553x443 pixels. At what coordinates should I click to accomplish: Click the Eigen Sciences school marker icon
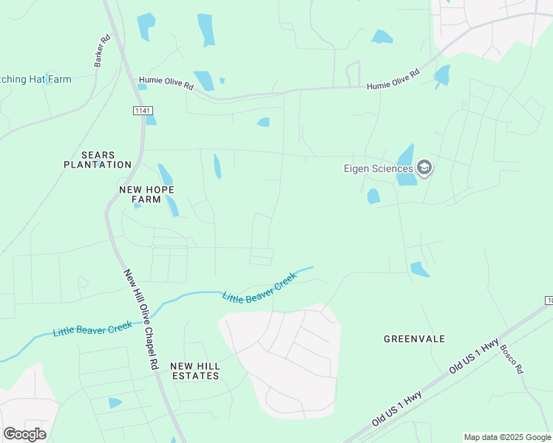coord(424,168)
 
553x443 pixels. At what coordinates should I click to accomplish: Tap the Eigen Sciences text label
coord(379,168)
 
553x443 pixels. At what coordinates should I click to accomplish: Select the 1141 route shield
coord(143,110)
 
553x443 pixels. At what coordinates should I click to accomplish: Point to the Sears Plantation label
coord(98,159)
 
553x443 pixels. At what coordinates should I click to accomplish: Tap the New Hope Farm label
coord(146,194)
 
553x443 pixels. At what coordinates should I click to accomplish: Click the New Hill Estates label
coord(194,371)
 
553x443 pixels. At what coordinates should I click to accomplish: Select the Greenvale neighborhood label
coord(414,339)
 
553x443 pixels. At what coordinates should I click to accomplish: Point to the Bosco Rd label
coord(512,358)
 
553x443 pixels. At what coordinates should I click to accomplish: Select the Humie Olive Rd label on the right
coord(393,80)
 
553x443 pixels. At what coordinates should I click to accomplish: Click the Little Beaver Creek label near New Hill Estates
coord(259,286)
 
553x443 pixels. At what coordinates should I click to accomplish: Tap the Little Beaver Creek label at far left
coord(92,329)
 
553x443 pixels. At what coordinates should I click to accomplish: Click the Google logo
coord(24,434)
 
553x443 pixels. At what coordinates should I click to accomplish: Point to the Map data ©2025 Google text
coord(507,437)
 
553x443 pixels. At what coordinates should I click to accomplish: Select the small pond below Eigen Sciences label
coord(373,196)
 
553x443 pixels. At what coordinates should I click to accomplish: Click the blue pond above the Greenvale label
coord(419,269)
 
